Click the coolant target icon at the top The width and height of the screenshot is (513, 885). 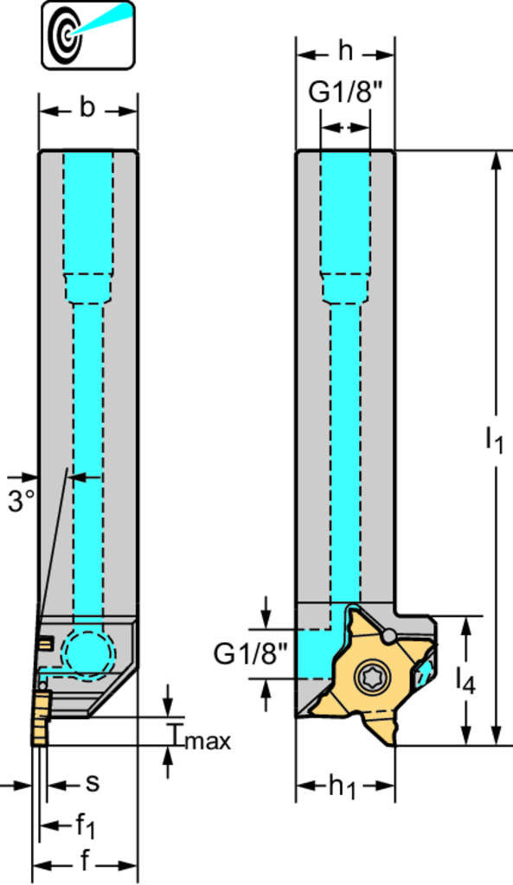point(87,35)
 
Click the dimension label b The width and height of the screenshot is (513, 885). point(87,107)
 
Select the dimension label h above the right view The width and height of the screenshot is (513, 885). point(345,52)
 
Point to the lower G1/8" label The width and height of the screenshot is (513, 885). point(250,654)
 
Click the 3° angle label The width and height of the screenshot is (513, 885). point(22,500)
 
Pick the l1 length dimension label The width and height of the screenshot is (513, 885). point(494,441)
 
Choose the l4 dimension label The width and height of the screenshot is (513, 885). point(466,681)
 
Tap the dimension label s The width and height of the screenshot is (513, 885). point(92,783)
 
